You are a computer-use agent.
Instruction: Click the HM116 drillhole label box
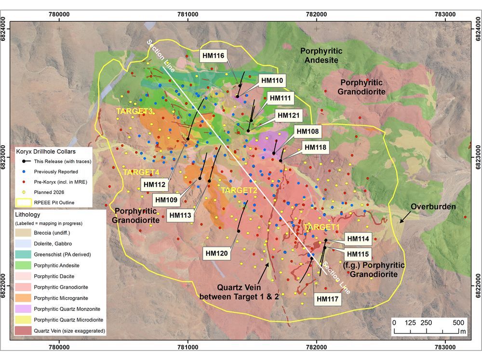pyautogui.click(x=212, y=56)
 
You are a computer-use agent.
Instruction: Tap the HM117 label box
pyautogui.click(x=329, y=298)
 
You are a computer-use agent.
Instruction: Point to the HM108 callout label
pyautogui.click(x=307, y=131)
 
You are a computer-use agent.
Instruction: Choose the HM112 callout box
pyautogui.click(x=154, y=183)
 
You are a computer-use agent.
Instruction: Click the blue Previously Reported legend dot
pyautogui.click(x=24, y=171)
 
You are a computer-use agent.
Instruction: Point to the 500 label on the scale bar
pyautogui.click(x=458, y=322)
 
